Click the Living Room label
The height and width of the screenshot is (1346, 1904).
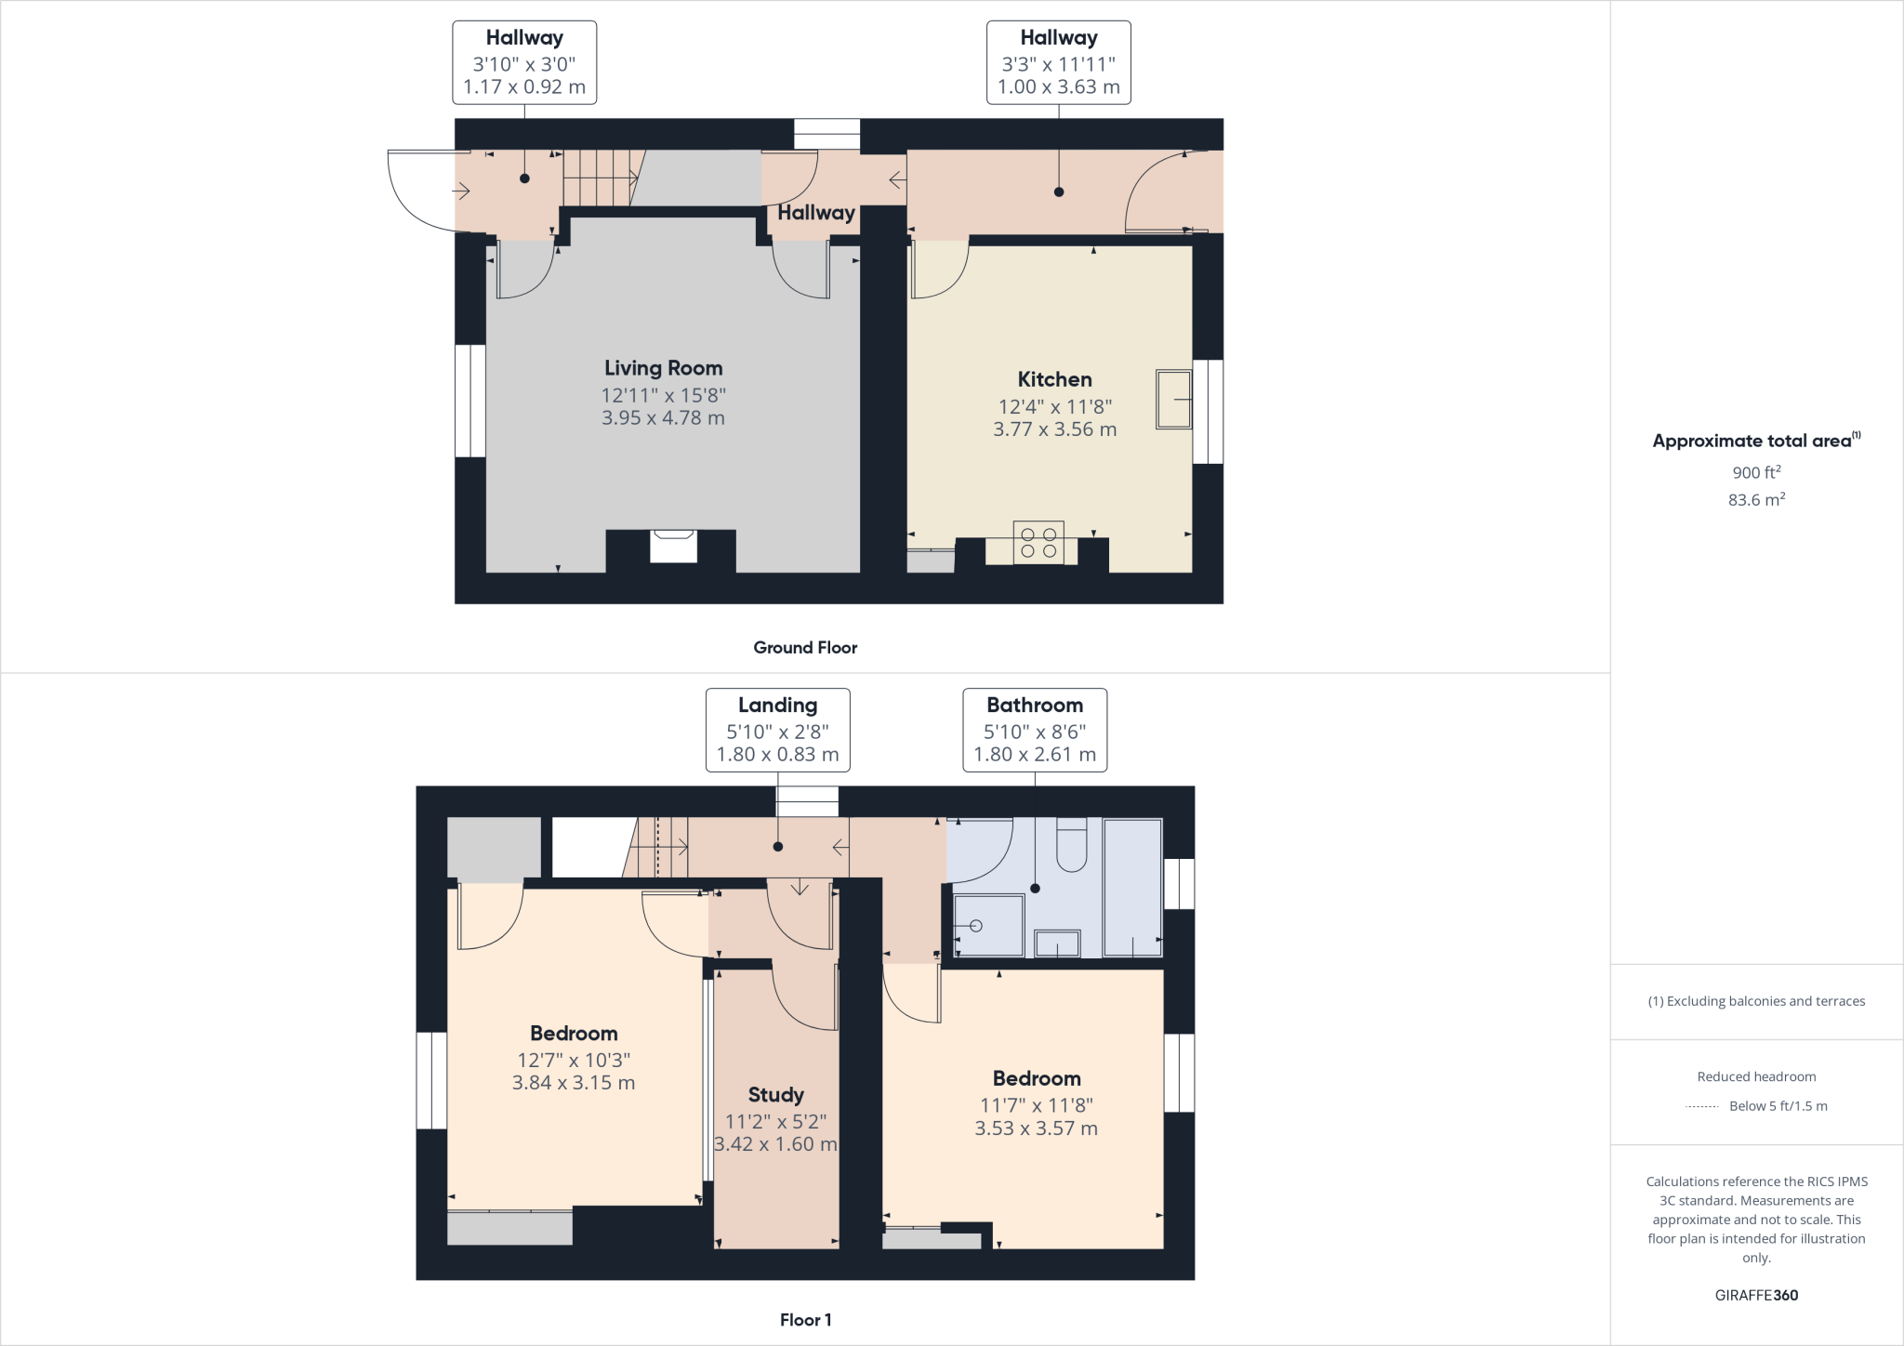pos(663,368)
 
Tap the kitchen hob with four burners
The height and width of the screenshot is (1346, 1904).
pos(1038,542)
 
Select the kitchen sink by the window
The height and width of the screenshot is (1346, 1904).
pos(1173,400)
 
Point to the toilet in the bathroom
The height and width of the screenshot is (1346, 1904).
pos(1072,844)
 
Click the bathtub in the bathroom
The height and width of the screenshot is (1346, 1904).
pos(1132,887)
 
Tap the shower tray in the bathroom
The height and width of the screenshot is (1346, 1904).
pos(988,925)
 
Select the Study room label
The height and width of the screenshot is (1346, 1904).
pos(775,1095)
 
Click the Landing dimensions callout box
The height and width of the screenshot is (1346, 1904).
pos(777,730)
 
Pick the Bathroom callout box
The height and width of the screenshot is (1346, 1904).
pos(1034,730)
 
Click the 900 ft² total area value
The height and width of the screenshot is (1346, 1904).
pos(1755,472)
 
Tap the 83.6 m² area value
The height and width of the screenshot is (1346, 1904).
pos(1755,500)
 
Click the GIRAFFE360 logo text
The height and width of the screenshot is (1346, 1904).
pos(1755,1295)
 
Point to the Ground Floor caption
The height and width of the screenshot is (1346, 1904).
pos(805,648)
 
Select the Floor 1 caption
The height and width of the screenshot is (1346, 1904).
pos(805,1320)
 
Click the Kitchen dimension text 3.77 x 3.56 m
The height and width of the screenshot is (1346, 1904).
pos(1054,429)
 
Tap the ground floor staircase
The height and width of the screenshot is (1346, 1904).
pos(601,178)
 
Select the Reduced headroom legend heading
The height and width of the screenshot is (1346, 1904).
pos(1755,1076)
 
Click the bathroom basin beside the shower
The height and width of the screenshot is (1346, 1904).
pos(1057,944)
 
